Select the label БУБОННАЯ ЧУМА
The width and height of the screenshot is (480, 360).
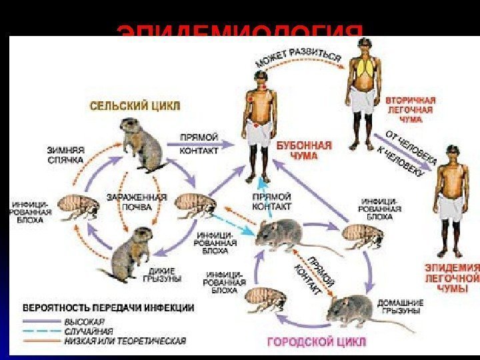[x=297, y=149]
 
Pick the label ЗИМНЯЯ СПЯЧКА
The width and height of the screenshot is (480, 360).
[x=65, y=155]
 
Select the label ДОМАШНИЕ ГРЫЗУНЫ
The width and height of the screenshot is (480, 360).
[x=401, y=306]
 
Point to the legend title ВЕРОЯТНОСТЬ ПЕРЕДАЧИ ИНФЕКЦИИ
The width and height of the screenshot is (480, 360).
[x=109, y=309]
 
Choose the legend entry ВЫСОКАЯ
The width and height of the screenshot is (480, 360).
[x=78, y=321]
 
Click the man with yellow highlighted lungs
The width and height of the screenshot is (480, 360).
[x=363, y=90]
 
